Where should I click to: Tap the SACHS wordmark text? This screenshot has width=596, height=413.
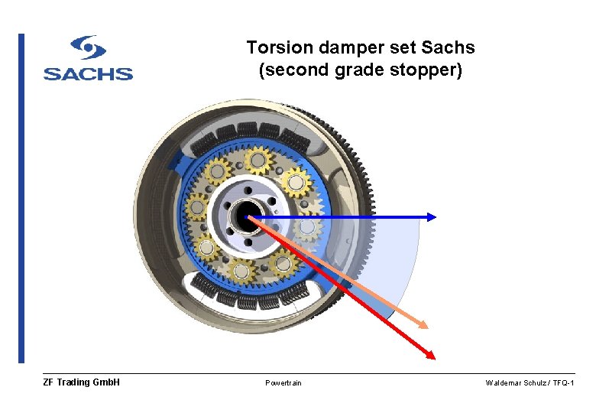tap(88, 73)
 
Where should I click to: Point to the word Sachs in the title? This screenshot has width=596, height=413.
tap(448, 47)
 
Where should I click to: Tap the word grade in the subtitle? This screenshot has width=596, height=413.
tap(369, 71)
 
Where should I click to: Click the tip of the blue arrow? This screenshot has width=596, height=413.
tap(434, 217)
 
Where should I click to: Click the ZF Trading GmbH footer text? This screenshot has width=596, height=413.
tap(82, 382)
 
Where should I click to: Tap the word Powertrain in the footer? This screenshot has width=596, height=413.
tap(283, 383)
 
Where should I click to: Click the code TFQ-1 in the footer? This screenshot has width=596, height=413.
tap(562, 383)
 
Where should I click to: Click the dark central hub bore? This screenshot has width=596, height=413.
tap(247, 217)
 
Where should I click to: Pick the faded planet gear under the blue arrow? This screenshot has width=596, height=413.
tap(307, 227)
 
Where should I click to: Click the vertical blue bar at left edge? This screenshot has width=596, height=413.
tap(21, 198)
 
